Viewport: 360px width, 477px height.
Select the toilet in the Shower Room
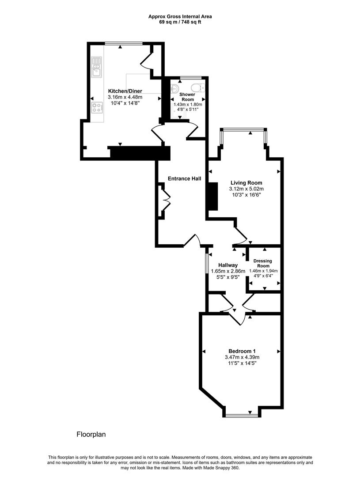[197, 87]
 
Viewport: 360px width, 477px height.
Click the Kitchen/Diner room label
[125, 91]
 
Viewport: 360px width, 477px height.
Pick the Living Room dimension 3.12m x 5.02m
[246, 189]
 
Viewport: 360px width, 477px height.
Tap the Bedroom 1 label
[242, 351]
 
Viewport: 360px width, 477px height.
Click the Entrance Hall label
[184, 178]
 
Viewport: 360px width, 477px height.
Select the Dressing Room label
[263, 264]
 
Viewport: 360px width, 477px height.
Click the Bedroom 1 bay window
[241, 415]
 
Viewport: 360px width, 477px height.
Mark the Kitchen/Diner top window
[124, 43]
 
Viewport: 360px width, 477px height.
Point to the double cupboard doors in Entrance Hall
[166, 200]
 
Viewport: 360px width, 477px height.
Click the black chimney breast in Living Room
[212, 196]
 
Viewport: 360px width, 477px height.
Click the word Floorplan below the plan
[91, 434]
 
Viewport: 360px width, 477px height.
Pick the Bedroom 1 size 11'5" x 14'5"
[242, 363]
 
